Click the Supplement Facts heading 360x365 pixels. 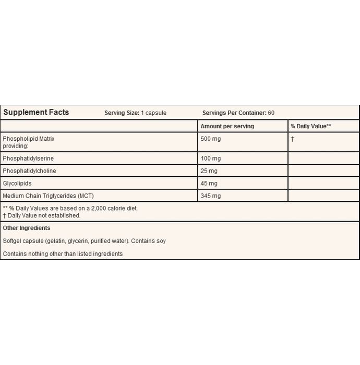(36, 112)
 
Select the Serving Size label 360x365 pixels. (122, 113)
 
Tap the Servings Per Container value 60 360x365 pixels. (271, 113)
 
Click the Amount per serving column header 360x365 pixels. (227, 126)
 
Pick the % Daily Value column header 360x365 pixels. (311, 126)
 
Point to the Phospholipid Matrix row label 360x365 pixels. (29, 139)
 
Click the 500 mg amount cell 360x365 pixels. (211, 139)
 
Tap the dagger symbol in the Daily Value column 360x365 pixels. (293, 139)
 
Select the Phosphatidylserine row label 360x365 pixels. (28, 158)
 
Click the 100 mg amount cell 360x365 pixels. (211, 158)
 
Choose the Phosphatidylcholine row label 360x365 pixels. (29, 171)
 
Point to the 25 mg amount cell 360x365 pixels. (209, 171)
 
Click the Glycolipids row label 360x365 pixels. (18, 184)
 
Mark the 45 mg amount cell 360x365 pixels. (209, 184)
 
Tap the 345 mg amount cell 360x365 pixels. (211, 196)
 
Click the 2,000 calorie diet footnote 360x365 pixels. (70, 208)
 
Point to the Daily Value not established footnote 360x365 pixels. (42, 215)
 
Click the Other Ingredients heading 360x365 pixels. (27, 228)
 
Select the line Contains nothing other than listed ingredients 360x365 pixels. (63, 254)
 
